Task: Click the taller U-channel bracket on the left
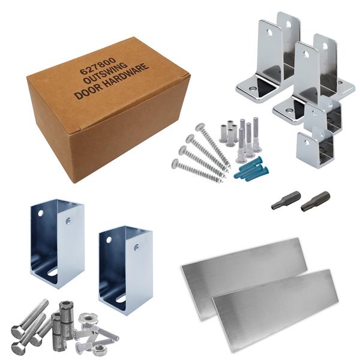[x=58, y=244]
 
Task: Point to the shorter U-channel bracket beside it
[x=126, y=271]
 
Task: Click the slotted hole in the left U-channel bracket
[x=53, y=273]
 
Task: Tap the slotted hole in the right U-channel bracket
[x=121, y=299]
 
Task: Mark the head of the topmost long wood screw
[x=200, y=127]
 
